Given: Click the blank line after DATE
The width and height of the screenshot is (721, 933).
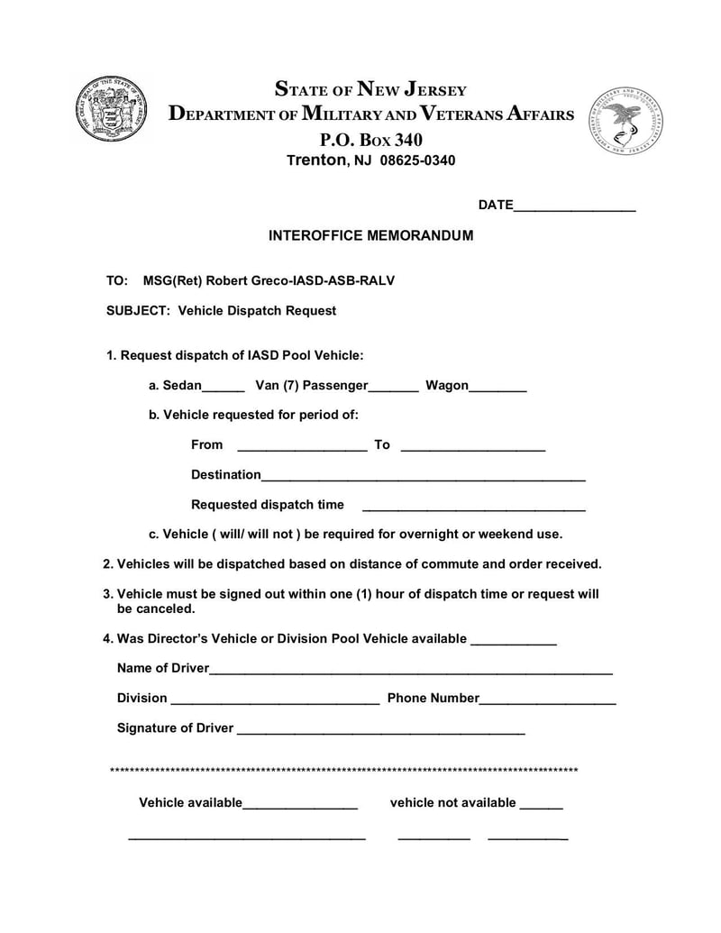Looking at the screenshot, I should click(x=574, y=208).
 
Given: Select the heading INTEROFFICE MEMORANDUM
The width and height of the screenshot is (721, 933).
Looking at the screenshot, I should click(x=370, y=235).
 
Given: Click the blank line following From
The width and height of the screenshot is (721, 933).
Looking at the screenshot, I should click(x=301, y=448).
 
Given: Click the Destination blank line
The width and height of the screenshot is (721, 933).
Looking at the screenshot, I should click(x=424, y=479).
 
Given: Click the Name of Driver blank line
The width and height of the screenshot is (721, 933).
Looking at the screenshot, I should click(x=411, y=672).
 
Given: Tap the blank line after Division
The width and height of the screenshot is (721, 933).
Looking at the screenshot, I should click(x=275, y=702).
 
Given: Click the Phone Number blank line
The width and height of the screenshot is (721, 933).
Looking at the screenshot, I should click(x=548, y=702).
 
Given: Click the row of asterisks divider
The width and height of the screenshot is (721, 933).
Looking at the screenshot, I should click(x=343, y=771).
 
